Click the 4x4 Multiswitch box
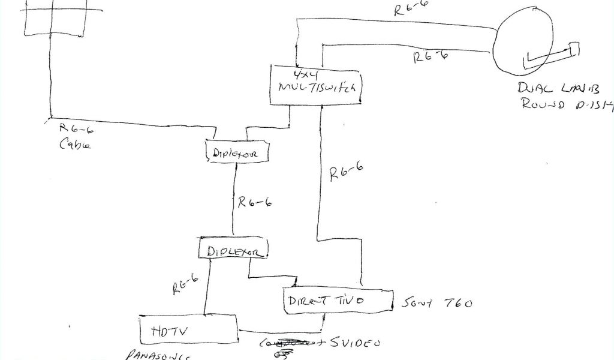click(316, 84)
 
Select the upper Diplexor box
click(236, 152)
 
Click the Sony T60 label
click(435, 303)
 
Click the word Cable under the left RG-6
click(75, 145)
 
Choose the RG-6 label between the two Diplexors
click(254, 203)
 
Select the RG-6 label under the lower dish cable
click(430, 57)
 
